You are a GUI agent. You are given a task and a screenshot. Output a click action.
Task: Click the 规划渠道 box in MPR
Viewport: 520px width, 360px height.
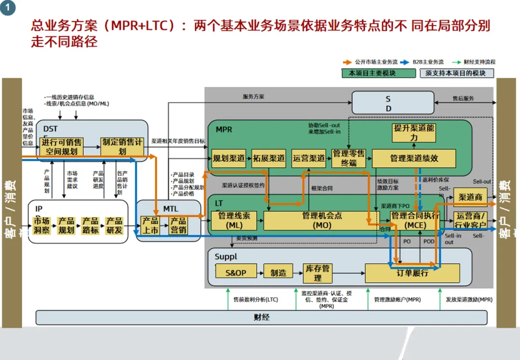(x=229, y=158)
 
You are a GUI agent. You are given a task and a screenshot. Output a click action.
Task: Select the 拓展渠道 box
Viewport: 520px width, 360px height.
(x=269, y=158)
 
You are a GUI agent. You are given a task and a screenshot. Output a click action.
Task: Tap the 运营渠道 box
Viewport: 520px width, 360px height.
(x=309, y=158)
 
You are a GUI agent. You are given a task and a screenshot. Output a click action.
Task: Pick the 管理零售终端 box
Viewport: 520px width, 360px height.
(x=349, y=158)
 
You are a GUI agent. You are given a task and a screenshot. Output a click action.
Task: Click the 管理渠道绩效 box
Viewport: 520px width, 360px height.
(x=414, y=158)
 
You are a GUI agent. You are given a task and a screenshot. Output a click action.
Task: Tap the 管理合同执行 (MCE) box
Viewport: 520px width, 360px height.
(x=415, y=220)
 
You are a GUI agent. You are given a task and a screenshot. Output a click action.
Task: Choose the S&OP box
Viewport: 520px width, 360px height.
(x=235, y=273)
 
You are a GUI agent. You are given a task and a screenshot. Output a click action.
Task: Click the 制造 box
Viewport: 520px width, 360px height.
(x=278, y=273)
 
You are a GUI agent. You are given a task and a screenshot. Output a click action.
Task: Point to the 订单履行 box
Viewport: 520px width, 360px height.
(x=412, y=273)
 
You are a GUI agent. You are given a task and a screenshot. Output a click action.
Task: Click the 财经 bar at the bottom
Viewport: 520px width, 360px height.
(x=261, y=317)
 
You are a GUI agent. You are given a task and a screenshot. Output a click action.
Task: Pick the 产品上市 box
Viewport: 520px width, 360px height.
(x=150, y=225)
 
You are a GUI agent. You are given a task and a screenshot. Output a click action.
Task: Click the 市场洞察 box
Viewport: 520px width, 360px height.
(x=41, y=225)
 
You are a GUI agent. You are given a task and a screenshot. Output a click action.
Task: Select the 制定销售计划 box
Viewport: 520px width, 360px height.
(x=122, y=147)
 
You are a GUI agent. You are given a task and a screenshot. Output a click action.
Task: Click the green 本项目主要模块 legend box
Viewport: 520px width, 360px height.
(x=378, y=73)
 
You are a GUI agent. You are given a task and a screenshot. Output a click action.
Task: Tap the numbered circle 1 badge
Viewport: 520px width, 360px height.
(x=7, y=8)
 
